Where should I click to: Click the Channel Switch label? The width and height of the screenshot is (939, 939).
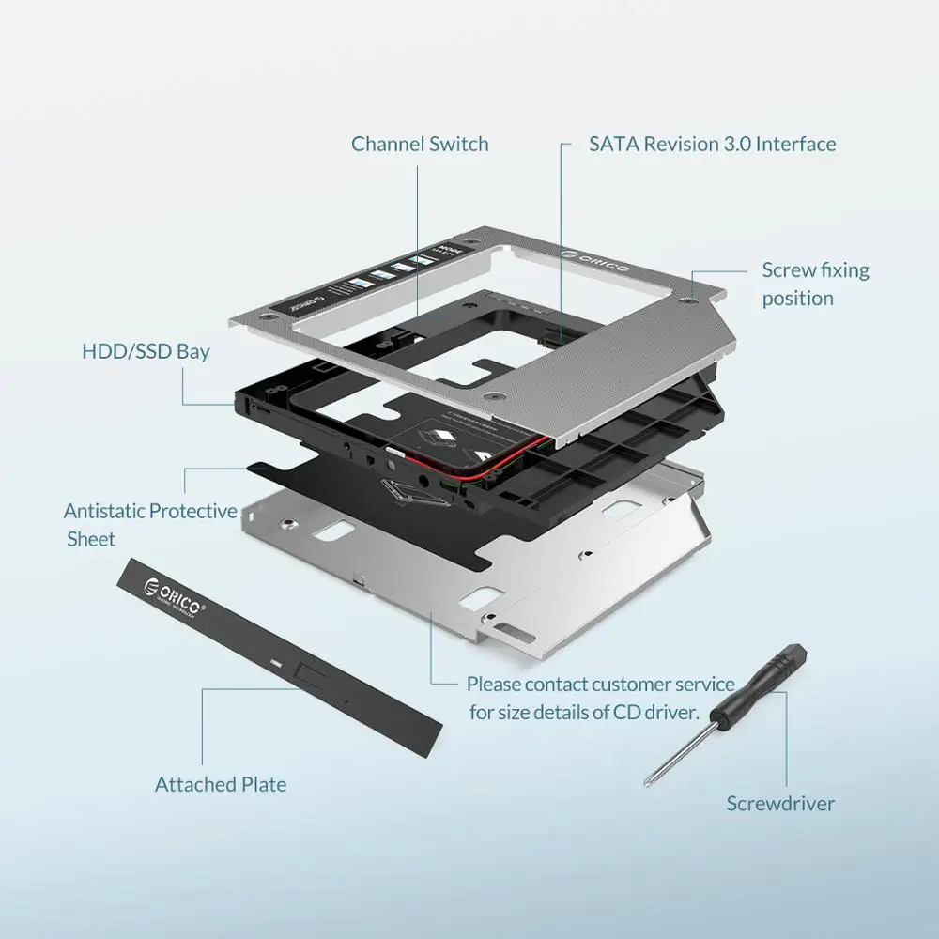tap(420, 144)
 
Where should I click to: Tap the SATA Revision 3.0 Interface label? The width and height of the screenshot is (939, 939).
tap(712, 144)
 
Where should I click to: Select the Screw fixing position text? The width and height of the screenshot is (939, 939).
tap(815, 284)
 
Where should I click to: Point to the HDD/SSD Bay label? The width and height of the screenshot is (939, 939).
tap(146, 352)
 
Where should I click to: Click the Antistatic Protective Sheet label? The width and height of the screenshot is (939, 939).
tap(150, 525)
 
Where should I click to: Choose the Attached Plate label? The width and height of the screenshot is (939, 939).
tap(221, 784)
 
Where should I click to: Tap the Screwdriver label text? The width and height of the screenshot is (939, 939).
tap(780, 803)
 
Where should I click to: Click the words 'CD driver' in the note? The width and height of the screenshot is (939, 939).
tap(658, 712)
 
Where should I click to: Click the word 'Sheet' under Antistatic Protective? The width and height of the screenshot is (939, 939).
tap(91, 539)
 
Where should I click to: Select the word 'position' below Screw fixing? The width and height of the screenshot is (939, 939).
tap(797, 298)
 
